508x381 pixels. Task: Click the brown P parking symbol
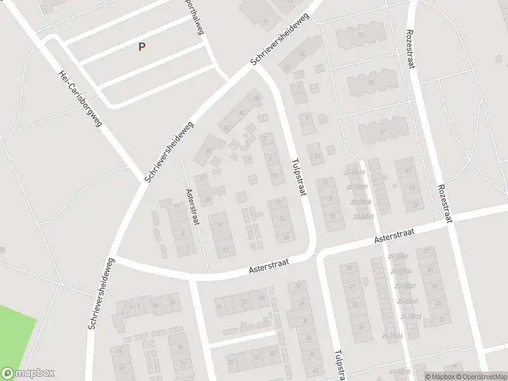(x=142, y=46)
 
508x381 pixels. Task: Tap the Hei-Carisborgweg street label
(x=80, y=98)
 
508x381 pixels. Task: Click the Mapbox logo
(x=27, y=373)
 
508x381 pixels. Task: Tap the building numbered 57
(x=382, y=131)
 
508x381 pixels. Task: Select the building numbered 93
(x=361, y=34)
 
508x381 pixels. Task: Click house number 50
(x=257, y=98)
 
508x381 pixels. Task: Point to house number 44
(x=242, y=112)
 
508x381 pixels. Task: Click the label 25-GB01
(x=399, y=256)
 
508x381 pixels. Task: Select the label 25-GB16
(x=393, y=335)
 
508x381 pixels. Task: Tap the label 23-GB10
(x=355, y=173)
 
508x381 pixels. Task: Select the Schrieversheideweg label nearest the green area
(x=102, y=293)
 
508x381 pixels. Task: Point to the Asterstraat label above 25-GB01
(x=394, y=236)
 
